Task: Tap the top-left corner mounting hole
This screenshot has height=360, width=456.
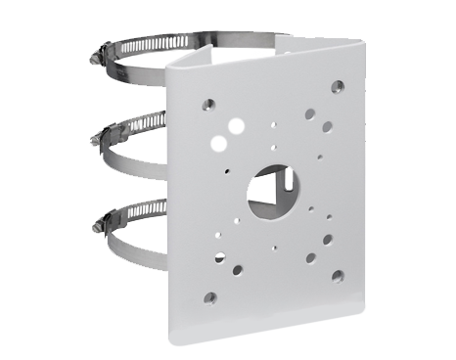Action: coord(208,102)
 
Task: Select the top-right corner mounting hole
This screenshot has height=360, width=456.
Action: coord(337,86)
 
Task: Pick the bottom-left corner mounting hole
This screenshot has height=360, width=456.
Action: coord(209,296)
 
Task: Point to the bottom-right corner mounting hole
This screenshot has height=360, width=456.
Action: coord(337,277)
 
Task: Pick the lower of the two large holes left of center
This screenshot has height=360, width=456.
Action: coord(220,143)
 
